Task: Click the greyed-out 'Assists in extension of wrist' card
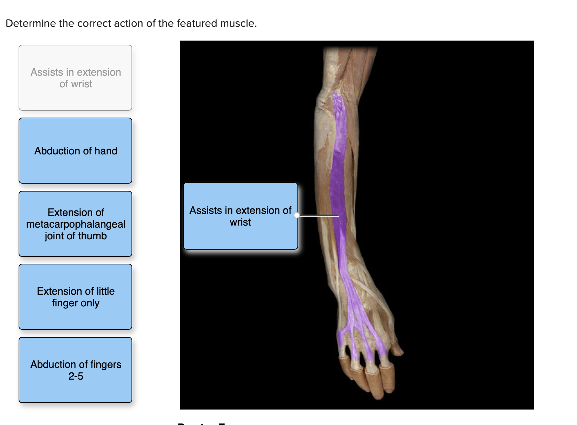coord(75,78)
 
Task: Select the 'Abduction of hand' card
coord(75,151)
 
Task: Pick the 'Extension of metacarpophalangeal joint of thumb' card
coord(75,224)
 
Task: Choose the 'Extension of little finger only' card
coord(75,297)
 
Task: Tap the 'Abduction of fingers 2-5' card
coord(75,370)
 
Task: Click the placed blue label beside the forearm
coord(240,216)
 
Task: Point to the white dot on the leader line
coord(297,215)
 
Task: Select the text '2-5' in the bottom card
coord(76,376)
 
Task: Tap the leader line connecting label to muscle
coord(318,216)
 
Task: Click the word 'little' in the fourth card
coord(105,291)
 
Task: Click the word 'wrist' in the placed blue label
coord(240,222)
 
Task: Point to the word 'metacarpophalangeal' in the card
coord(76,224)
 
